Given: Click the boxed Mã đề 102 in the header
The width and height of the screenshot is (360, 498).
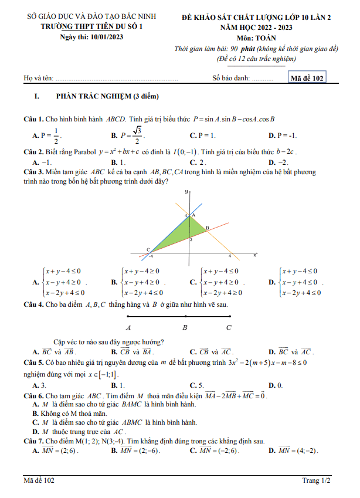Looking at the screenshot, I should click(x=308, y=77).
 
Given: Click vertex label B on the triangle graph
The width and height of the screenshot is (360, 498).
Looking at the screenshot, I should click(x=207, y=228).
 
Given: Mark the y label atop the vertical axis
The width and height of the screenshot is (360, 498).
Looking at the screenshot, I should click(x=186, y=192).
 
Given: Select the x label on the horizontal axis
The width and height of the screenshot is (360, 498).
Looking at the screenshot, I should click(x=255, y=255).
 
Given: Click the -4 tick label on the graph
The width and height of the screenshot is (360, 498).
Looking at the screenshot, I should click(x=151, y=257).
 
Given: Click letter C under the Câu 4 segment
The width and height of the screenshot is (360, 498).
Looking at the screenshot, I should click(x=229, y=327).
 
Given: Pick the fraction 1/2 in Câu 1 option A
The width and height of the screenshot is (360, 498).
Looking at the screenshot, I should click(x=56, y=135).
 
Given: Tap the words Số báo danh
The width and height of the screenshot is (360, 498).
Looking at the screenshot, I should click(x=232, y=78).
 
